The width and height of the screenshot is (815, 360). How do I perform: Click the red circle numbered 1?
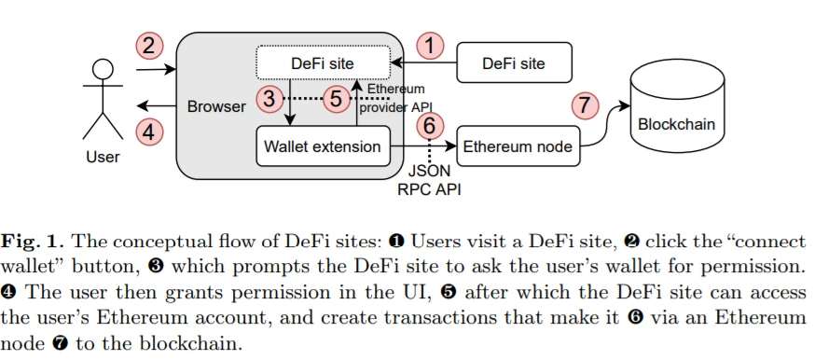(x=430, y=47)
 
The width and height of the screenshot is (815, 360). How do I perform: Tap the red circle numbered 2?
(x=149, y=47)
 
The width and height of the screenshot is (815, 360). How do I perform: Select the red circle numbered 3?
(x=269, y=98)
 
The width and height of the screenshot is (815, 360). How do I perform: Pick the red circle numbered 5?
(x=337, y=98)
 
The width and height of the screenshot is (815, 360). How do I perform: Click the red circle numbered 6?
(x=430, y=126)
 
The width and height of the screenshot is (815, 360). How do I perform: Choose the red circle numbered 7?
(x=585, y=105)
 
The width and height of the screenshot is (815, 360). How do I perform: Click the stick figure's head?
(x=103, y=69)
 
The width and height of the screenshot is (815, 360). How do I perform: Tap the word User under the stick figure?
(x=103, y=157)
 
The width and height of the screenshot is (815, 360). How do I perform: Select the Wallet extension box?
(x=323, y=146)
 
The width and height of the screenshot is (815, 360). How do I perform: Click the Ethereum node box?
(x=518, y=146)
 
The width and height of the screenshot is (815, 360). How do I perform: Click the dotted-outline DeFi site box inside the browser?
(x=323, y=62)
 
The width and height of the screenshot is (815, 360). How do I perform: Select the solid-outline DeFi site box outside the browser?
(x=514, y=62)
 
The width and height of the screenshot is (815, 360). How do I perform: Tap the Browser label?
(x=216, y=106)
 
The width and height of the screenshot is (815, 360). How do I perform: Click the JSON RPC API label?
(x=429, y=180)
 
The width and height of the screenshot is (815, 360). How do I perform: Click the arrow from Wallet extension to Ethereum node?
(x=423, y=146)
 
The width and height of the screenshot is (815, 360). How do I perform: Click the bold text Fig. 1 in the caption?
(x=33, y=241)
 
